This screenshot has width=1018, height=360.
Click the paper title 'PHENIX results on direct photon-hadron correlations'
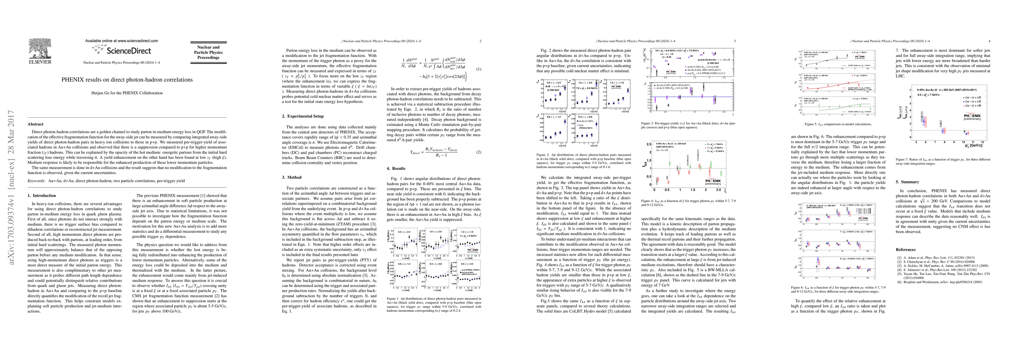tap(127, 80)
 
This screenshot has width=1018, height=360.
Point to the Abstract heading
tap(36, 124)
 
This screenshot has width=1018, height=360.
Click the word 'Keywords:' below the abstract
tap(36, 181)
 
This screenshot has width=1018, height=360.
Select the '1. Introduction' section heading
tap(41, 196)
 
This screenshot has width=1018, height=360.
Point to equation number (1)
tap(479, 69)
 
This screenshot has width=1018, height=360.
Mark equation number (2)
tap(479, 152)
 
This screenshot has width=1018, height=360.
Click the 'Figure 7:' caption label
tap(900, 159)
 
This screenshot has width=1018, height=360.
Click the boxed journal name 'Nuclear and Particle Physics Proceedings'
tap(208, 52)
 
